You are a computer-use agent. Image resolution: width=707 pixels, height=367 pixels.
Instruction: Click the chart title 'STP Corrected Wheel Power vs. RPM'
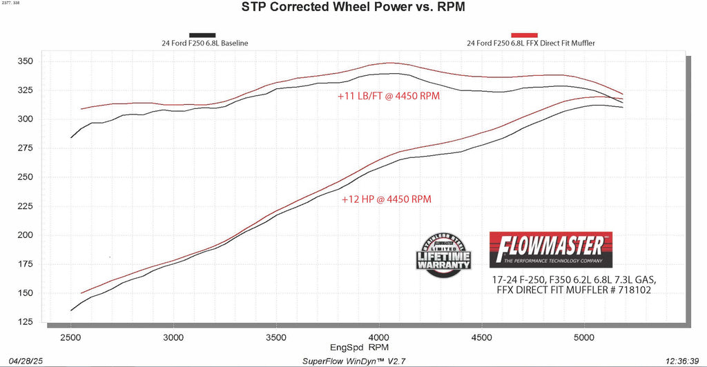[x=353, y=9]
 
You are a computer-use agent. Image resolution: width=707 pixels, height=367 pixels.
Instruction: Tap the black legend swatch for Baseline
[x=202, y=34]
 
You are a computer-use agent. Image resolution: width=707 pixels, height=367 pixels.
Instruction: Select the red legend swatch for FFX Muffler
[x=524, y=34]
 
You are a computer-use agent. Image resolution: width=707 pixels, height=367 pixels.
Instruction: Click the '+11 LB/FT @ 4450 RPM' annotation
[x=389, y=97]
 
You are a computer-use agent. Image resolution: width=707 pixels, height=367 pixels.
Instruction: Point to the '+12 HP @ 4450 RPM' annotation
[x=387, y=199]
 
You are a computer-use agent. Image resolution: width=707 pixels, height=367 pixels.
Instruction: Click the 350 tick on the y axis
[x=26, y=61]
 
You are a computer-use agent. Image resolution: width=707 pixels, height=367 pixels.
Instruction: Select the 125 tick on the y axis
[x=26, y=321]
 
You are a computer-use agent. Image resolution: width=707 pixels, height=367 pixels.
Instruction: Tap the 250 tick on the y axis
[x=26, y=177]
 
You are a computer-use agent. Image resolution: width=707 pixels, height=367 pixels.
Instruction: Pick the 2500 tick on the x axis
[x=70, y=337]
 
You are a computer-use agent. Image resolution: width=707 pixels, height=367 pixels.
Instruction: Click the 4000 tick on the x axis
[x=378, y=337]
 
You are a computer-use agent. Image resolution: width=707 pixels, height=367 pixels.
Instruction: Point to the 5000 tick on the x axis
[x=583, y=337]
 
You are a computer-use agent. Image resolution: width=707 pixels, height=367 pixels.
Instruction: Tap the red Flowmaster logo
[x=550, y=248]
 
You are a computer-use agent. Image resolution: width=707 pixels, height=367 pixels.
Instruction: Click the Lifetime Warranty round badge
[x=443, y=255]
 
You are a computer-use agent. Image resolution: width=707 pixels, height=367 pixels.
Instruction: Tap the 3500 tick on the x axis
[x=275, y=337]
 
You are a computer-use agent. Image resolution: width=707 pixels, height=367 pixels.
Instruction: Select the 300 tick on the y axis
[x=26, y=119]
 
